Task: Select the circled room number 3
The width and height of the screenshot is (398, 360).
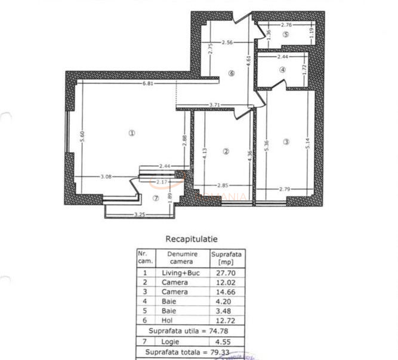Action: coord(286,142)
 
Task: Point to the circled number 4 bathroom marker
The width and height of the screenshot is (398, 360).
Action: coord(283,70)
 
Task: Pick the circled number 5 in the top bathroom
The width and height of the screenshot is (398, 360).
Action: coord(286,35)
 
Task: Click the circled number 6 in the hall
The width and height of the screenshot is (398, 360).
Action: coord(232,74)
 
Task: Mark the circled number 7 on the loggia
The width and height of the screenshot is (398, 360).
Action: coord(156,198)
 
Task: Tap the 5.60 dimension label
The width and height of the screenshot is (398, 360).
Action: coord(84,135)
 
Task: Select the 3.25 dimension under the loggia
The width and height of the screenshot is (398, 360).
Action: coord(140,214)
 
